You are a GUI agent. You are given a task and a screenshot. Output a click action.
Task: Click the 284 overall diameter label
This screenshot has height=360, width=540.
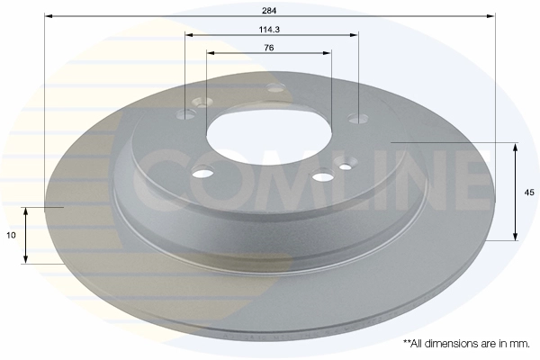269,11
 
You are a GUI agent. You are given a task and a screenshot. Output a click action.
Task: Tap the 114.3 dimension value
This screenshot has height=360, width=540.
269,30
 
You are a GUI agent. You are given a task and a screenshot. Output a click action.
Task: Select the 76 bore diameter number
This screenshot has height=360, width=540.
269,48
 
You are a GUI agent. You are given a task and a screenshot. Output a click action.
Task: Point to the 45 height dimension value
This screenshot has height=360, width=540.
529,193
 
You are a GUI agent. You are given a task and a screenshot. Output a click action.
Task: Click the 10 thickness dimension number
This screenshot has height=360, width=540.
11,235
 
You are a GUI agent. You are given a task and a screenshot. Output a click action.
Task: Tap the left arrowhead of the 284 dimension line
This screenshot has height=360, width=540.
49,16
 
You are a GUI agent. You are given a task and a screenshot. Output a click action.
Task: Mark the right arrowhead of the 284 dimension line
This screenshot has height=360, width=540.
490,16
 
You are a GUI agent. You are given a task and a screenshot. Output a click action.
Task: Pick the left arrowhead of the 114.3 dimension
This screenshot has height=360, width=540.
189,35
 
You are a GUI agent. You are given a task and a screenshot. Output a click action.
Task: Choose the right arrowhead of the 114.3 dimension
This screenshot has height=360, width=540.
354,35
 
